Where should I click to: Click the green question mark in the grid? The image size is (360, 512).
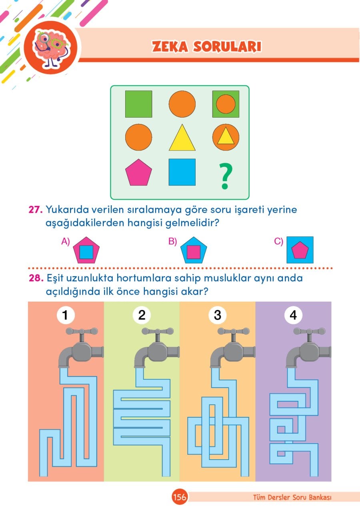click(225, 176)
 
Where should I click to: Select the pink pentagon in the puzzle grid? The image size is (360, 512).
click(138, 172)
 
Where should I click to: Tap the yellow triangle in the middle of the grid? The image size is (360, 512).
click(182, 138)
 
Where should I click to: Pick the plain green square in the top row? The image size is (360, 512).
click(138, 104)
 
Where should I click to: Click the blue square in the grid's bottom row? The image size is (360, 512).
click(182, 172)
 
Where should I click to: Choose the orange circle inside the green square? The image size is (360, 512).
click(226, 104)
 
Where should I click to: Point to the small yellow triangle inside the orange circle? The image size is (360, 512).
click(226, 136)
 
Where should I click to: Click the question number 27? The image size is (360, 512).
click(36, 210)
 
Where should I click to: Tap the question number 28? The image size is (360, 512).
click(36, 278)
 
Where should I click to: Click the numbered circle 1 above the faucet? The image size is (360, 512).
click(66, 315)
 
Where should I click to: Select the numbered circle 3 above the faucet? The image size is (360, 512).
click(217, 315)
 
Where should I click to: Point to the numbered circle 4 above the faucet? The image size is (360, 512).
click(293, 315)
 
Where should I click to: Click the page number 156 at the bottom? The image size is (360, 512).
click(180, 497)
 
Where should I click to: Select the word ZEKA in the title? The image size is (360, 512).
click(170, 47)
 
